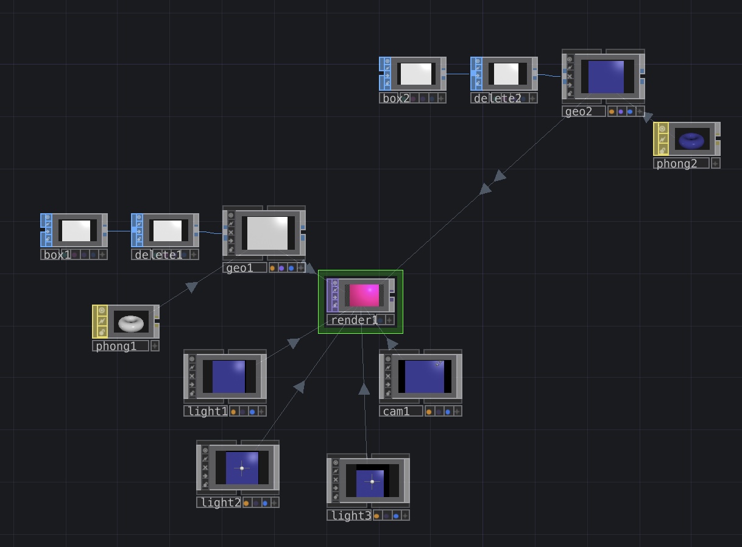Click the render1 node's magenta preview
click(364, 295)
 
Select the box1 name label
click(57, 255)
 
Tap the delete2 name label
click(498, 99)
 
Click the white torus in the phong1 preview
click(131, 323)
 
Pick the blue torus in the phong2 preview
click(691, 141)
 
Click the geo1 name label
click(239, 268)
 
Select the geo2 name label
click(578, 111)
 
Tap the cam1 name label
click(396, 412)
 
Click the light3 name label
click(351, 515)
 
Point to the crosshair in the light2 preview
click(242, 468)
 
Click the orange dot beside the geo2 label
click(612, 111)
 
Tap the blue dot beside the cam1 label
click(448, 412)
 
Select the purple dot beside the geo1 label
click(281, 269)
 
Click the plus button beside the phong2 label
click(715, 163)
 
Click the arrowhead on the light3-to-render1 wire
click(364, 389)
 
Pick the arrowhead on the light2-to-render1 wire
click(300, 387)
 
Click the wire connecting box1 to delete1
click(119, 231)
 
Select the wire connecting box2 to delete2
click(458, 74)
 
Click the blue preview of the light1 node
click(228, 376)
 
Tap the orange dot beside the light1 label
click(233, 412)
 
